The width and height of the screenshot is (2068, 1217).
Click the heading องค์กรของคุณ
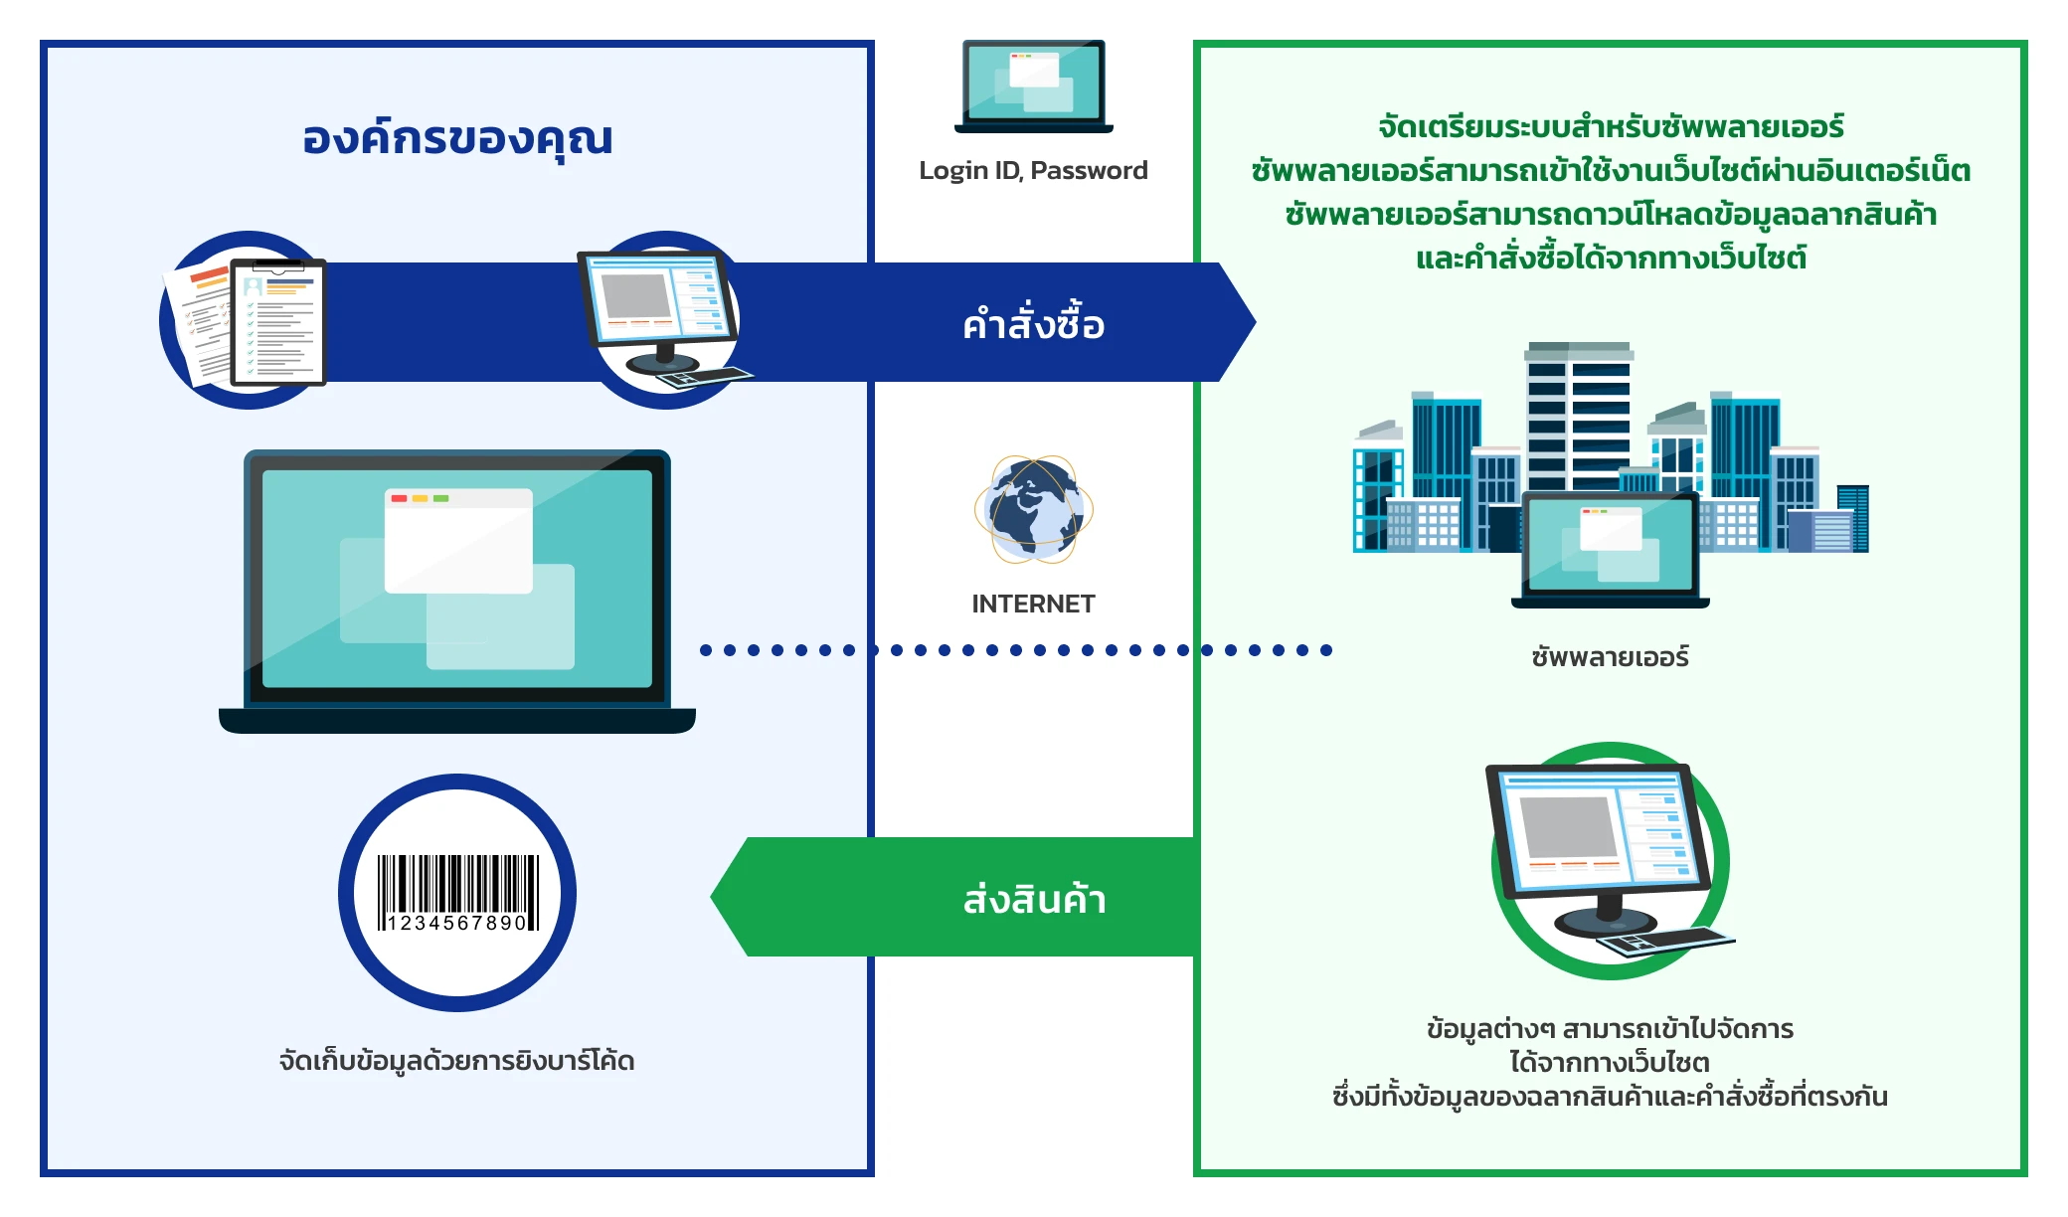tap(457, 138)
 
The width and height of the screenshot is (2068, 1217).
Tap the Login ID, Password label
tap(1033, 171)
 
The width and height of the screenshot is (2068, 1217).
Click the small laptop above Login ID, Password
tap(1033, 87)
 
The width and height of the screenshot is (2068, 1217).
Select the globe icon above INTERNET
tap(1033, 509)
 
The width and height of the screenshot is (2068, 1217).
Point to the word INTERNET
tap(1033, 604)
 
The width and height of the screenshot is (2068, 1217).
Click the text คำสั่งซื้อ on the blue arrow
tap(1033, 324)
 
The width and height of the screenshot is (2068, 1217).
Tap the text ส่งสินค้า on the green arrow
tap(1034, 899)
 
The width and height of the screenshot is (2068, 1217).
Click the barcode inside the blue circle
tap(457, 885)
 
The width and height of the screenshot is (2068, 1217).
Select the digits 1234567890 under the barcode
tap(457, 924)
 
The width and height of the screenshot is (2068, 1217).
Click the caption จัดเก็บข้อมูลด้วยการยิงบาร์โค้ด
tap(456, 1061)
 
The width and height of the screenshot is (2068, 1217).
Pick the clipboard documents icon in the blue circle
tap(249, 320)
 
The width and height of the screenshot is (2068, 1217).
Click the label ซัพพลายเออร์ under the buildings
tap(1610, 657)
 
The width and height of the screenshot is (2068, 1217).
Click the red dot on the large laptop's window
tap(399, 498)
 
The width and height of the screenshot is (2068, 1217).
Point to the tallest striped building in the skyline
tap(1579, 418)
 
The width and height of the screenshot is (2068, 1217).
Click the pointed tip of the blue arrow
tap(1253, 322)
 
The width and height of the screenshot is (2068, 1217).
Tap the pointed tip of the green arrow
tap(714, 897)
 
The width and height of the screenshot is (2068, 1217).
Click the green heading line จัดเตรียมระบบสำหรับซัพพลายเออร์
tap(1610, 127)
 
